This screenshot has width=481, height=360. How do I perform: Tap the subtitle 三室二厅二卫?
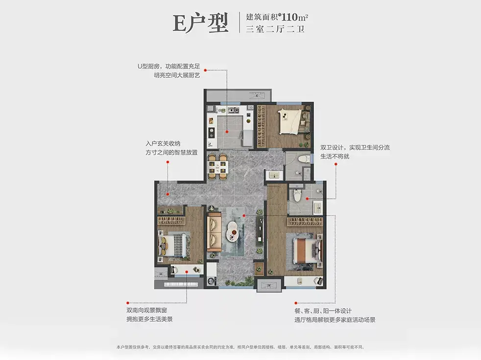coord(275,29)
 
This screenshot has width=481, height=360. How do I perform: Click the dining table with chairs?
coord(217,167)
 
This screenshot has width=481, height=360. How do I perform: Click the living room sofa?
coord(214,232)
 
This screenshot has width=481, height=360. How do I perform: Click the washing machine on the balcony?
coord(212,281)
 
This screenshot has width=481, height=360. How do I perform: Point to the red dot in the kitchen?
coord(227,132)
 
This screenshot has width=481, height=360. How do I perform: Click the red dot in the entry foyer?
coord(168,194)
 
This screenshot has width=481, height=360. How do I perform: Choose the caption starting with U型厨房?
coord(168,71)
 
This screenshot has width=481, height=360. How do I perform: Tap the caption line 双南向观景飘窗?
coord(146,311)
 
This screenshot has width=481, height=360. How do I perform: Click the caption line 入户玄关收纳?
coord(163,144)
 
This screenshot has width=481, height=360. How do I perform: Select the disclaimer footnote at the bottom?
coord(240,347)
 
